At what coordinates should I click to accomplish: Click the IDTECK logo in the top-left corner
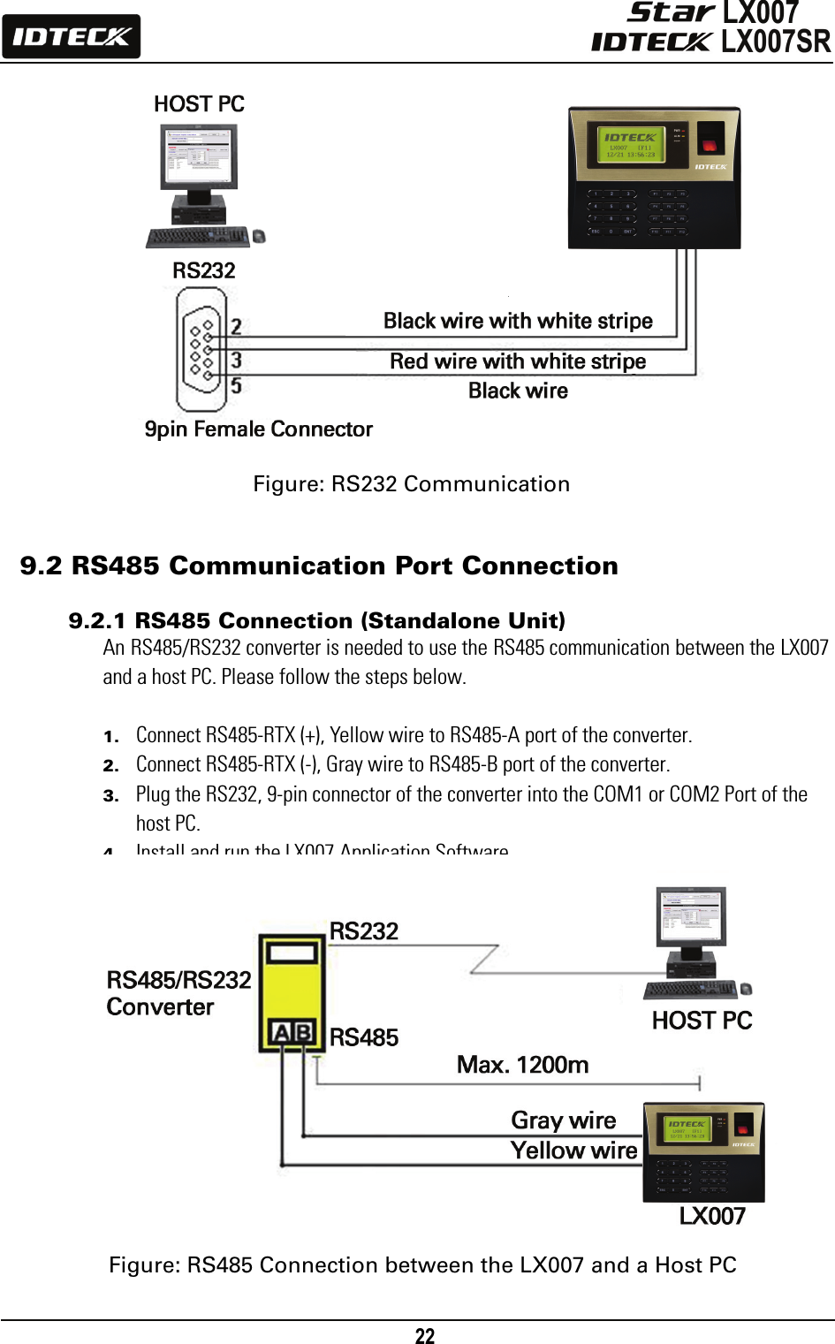71,37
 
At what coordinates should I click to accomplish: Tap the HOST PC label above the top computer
199,104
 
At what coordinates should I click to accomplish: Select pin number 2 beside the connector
236,326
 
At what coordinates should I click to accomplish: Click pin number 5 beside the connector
236,385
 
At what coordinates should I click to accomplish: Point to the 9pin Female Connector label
258,429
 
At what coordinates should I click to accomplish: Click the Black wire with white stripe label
518,321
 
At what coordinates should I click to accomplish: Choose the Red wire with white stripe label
518,361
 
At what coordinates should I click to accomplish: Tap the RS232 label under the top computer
203,270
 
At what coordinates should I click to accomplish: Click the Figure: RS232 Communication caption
411,484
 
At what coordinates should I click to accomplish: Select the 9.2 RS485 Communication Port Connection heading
319,566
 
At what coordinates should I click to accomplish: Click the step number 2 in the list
110,765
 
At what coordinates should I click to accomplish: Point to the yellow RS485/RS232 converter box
292,990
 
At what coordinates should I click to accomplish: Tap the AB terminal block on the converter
292,1032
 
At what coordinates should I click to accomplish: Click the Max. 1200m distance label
522,1065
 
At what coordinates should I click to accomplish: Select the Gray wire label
563,1120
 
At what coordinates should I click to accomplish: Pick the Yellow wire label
573,1150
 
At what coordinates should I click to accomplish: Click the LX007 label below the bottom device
711,1217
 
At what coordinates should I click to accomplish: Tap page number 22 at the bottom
425,1336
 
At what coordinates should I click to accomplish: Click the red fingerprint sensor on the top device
709,142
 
